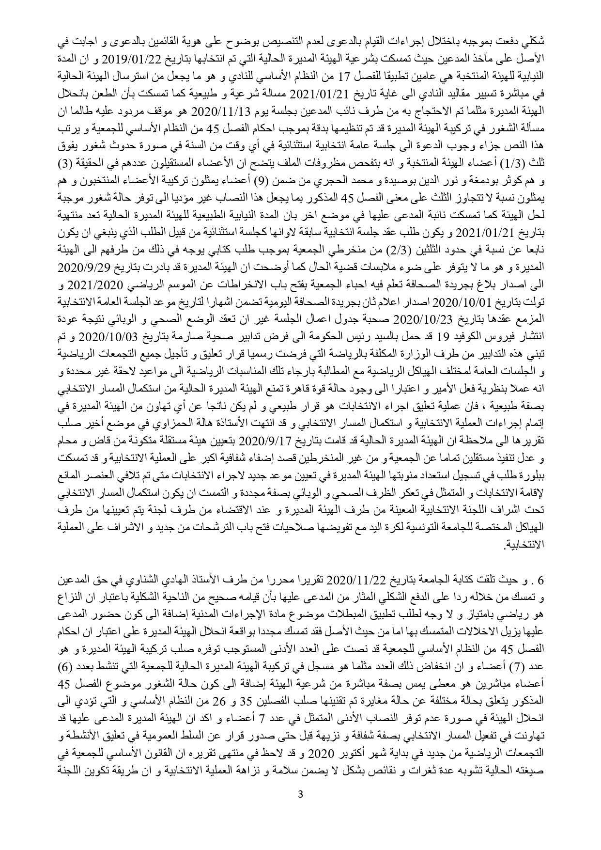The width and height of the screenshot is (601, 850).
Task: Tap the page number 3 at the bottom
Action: pos(301,794)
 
